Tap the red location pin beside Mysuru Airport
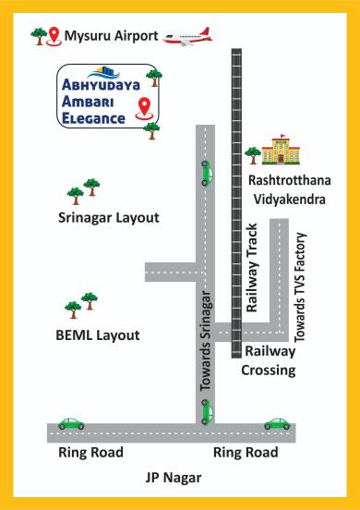coord(54,36)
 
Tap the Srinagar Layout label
coord(109,218)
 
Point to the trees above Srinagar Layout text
coord(84,190)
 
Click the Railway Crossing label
coord(269,360)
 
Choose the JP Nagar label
coord(174,477)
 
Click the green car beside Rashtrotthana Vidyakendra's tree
coord(206,171)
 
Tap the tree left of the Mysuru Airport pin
coord(39,35)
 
